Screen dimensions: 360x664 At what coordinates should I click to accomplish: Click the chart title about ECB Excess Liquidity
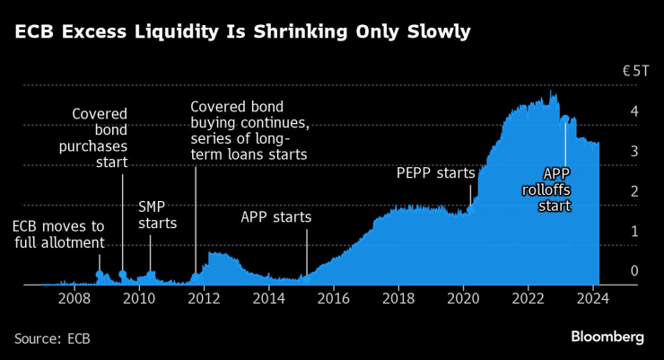[242, 33]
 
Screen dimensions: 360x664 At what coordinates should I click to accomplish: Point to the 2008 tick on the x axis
[74, 298]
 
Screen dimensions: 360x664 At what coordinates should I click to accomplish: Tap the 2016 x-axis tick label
[333, 298]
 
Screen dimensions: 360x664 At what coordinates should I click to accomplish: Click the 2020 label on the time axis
[464, 298]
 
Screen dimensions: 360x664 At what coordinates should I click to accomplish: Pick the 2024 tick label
[593, 298]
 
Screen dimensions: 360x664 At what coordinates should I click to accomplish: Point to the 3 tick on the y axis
[633, 152]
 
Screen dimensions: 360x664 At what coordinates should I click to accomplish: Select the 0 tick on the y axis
[633, 271]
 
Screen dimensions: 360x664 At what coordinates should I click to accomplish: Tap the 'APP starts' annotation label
[275, 217]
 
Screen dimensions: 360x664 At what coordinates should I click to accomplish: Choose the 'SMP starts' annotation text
[157, 215]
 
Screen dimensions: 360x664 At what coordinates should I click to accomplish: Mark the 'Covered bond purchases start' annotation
[100, 138]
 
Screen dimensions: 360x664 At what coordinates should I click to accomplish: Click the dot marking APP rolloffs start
[564, 119]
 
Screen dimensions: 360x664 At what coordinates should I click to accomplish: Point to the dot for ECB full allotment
[100, 274]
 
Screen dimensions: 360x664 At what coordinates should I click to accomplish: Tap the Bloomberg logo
[607, 337]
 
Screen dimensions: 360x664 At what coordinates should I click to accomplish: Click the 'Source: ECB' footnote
[52, 338]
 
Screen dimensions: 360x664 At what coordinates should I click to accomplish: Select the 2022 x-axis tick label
[529, 298]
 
